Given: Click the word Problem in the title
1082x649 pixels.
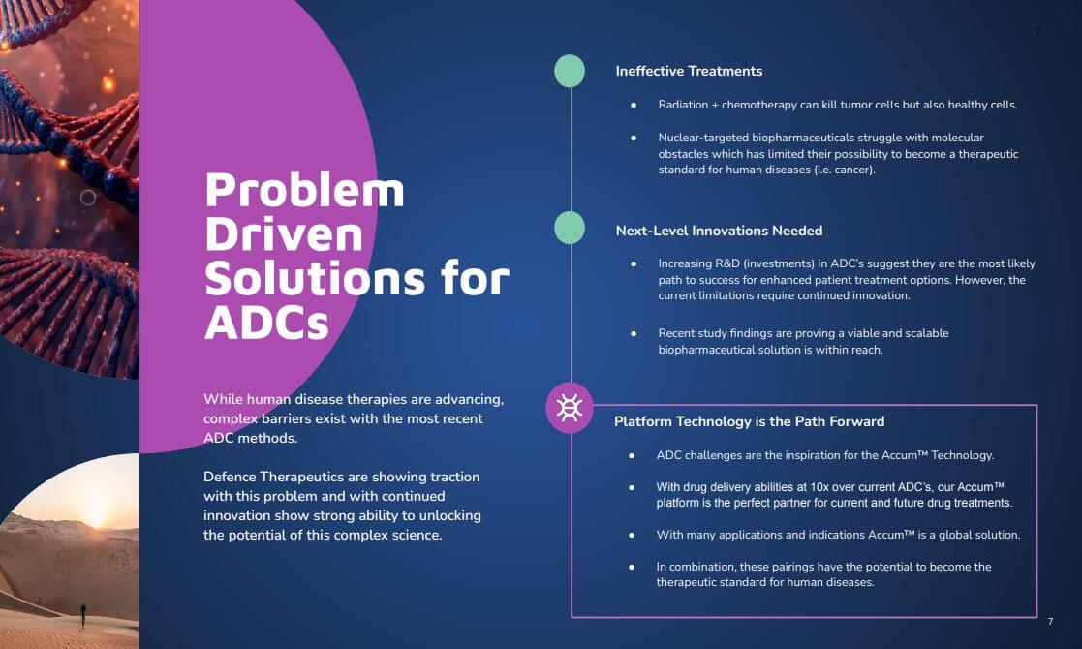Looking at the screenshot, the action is (x=304, y=191).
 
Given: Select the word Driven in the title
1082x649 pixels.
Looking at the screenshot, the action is (x=284, y=234).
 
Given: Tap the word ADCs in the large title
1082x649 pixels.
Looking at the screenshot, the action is (x=266, y=323).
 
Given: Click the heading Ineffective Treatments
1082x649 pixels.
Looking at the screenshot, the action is (x=689, y=71).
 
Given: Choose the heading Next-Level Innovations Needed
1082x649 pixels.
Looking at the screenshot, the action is (x=719, y=232).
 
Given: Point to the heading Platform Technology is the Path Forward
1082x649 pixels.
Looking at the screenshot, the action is (x=750, y=421).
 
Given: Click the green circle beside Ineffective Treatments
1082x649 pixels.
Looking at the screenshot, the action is (x=570, y=71).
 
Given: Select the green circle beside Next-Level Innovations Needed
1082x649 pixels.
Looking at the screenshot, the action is (x=570, y=228).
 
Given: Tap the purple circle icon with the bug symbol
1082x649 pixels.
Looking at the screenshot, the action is (x=570, y=408).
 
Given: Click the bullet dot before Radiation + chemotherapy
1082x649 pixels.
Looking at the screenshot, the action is (x=634, y=105).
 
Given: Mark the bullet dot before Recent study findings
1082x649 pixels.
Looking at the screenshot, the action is (x=634, y=333).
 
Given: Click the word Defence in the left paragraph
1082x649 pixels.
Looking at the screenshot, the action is (x=230, y=477).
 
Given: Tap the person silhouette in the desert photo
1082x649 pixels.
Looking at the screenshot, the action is (x=83, y=615).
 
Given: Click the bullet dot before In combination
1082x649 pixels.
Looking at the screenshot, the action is (x=632, y=567).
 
